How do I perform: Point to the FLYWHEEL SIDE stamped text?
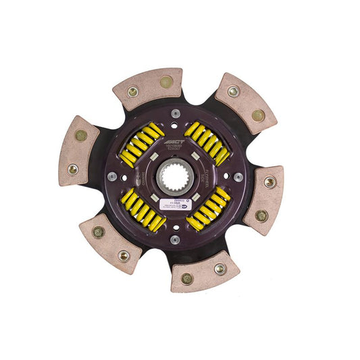(x=207, y=177)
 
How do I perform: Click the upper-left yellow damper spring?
(x=140, y=144)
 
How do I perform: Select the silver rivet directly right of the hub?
(x=238, y=177)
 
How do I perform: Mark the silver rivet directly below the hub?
(x=175, y=239)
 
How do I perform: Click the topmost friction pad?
(x=149, y=88)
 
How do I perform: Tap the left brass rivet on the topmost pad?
(x=133, y=91)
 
